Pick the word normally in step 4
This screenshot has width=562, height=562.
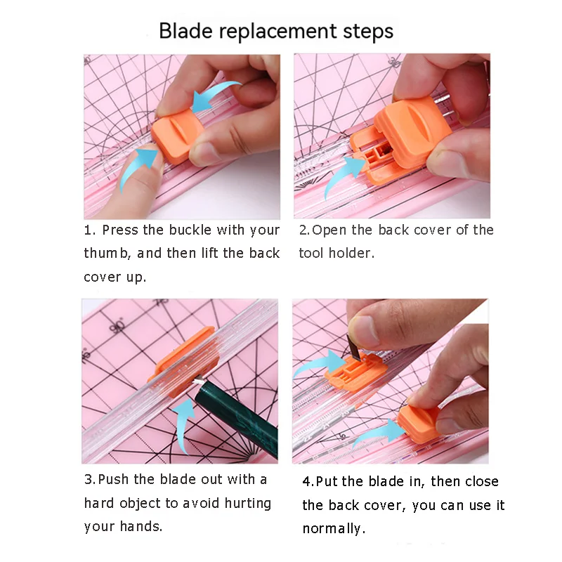pos(334,529)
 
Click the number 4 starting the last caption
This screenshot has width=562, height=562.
pos(307,482)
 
